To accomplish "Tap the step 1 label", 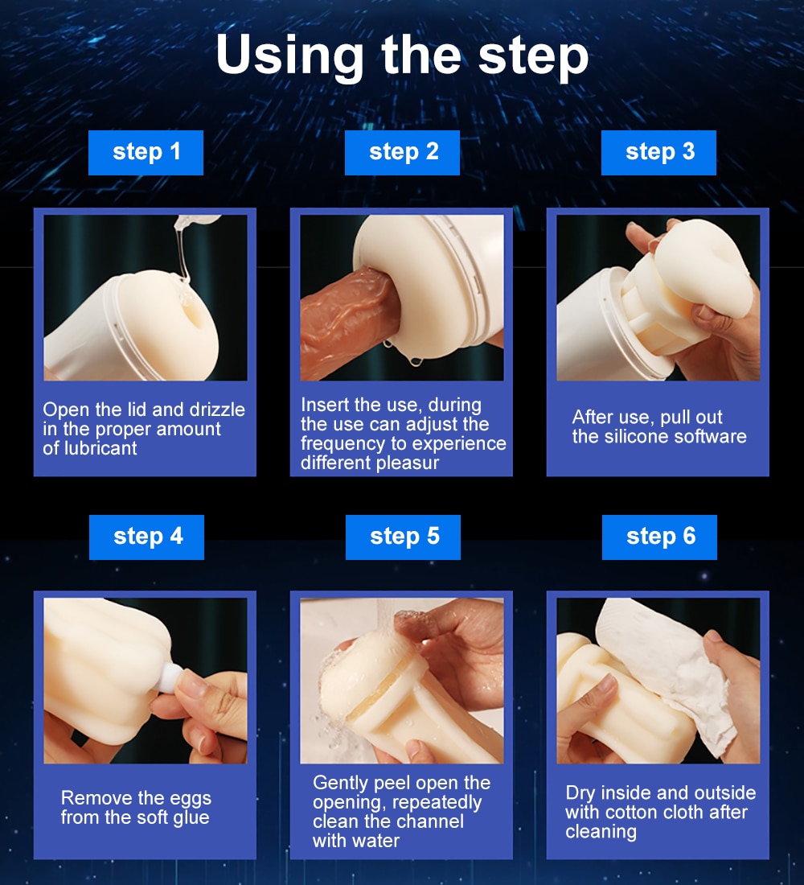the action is tap(146, 152).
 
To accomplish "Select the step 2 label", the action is tap(402, 152).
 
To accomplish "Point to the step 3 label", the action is tap(658, 152).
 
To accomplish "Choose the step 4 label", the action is tap(146, 537).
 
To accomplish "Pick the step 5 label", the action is tap(403, 537).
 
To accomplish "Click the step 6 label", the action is tap(659, 537).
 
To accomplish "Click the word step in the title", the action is tap(533, 56).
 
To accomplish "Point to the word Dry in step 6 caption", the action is tap(580, 793).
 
